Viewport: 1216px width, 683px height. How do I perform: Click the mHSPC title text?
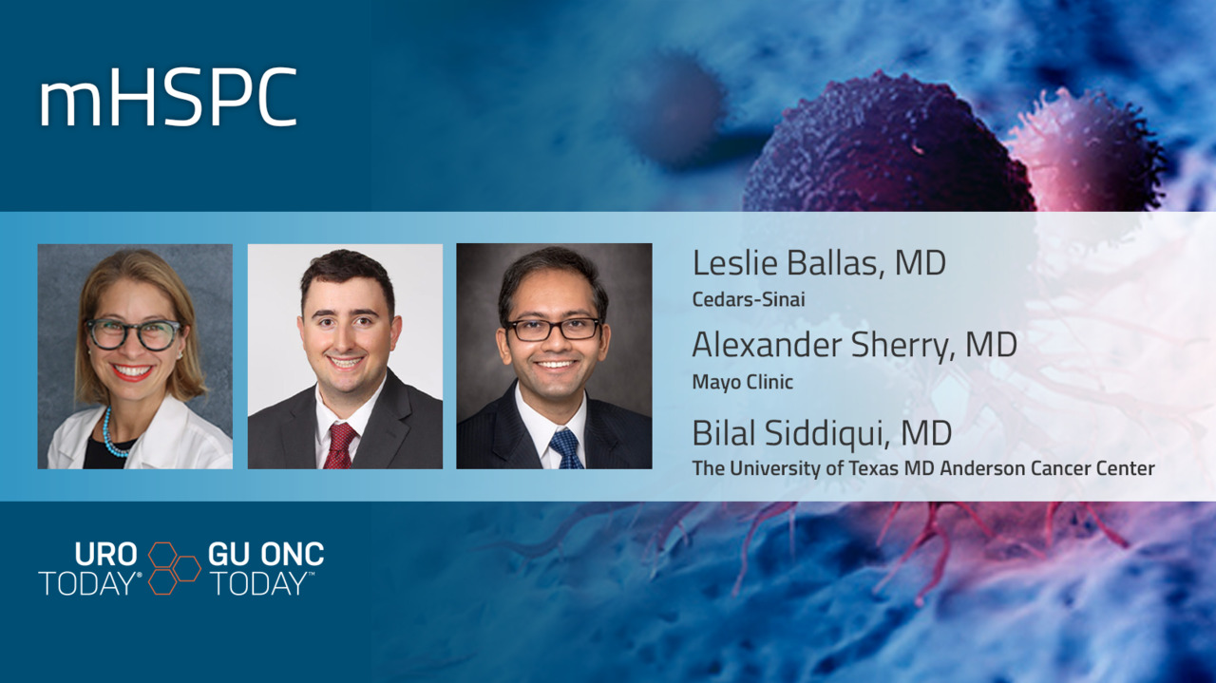168,97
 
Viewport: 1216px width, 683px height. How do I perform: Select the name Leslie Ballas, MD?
819,263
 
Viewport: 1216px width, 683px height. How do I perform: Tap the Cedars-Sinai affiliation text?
749,299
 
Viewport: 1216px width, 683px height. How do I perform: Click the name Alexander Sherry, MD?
854,346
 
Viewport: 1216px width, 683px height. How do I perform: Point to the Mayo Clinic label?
743,382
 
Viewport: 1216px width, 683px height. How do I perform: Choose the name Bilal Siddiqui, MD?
822,433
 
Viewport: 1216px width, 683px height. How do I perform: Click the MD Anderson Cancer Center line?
923,468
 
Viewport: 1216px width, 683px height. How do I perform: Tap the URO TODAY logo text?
90,568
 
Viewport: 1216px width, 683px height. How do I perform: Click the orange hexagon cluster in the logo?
174,568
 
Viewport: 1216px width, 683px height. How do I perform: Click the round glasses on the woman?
134,333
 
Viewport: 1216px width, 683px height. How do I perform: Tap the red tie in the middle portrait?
339,446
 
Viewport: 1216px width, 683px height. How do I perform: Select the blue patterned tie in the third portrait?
566,448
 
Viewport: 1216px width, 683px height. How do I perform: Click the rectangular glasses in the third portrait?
553,329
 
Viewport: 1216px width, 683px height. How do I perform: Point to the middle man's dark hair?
348,275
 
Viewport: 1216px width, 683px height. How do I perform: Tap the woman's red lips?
132,372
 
